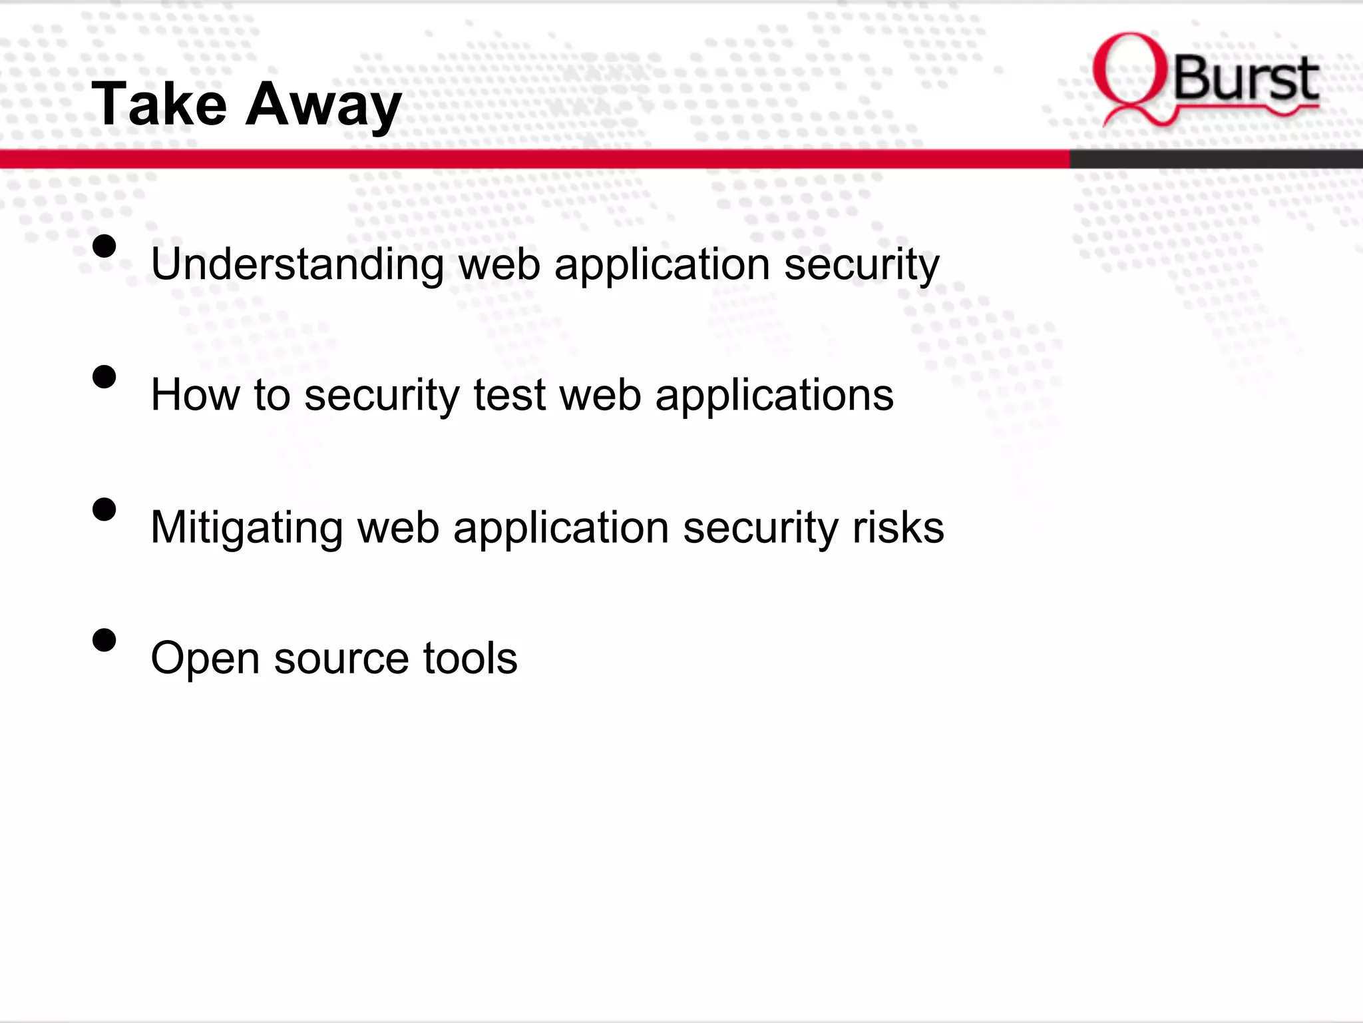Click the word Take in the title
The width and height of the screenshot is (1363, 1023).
[x=160, y=104]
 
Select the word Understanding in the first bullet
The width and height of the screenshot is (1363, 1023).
[x=297, y=264]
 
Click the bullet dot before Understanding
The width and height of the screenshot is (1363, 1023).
[x=104, y=246]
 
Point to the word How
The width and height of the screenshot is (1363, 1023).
[x=194, y=395]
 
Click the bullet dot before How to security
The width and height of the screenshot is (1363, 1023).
[x=104, y=377]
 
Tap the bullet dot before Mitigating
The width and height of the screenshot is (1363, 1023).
[x=104, y=510]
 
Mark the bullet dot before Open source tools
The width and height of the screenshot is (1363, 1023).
[x=104, y=640]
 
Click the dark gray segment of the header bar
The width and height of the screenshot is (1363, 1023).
[x=1215, y=159]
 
